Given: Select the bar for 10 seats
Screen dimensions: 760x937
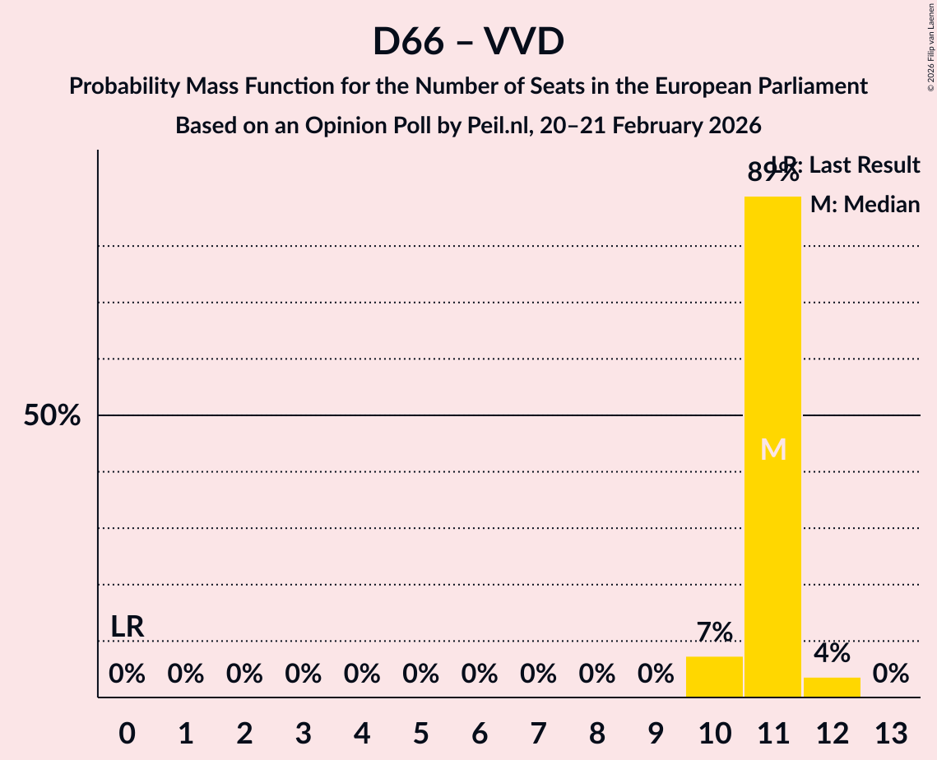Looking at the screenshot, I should click(x=714, y=676).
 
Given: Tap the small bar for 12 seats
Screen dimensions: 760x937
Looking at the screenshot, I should click(x=832, y=687).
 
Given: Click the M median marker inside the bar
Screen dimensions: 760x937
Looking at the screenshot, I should click(x=773, y=449).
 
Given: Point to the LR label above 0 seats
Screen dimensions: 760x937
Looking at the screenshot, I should click(x=128, y=627).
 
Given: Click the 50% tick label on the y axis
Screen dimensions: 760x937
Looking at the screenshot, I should click(x=52, y=416).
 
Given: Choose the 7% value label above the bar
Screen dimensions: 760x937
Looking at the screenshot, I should click(x=714, y=633).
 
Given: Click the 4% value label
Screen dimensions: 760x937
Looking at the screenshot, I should click(x=832, y=653).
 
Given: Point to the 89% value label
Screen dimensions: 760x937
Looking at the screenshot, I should click(x=772, y=174).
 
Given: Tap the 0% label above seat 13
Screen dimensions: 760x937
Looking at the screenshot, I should click(x=891, y=674).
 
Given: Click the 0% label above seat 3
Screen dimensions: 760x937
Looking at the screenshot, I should click(x=303, y=674).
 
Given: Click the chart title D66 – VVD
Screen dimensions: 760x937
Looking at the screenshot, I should click(x=468, y=41).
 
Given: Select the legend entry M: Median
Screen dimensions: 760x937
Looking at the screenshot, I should click(x=865, y=204).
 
